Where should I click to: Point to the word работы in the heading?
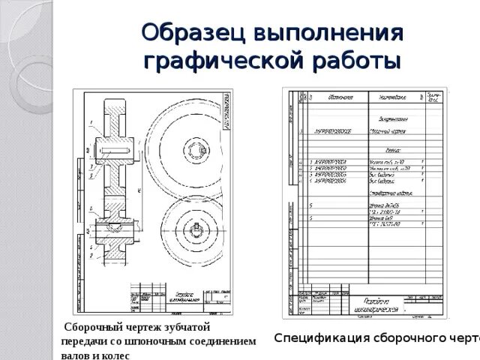353,60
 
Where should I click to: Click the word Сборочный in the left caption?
94,328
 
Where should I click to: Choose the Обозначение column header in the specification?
340,97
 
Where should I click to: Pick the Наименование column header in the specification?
393,97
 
